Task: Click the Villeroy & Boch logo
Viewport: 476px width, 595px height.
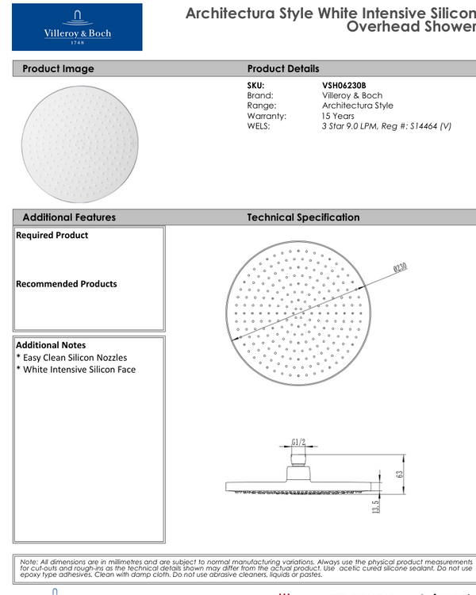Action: tap(77, 27)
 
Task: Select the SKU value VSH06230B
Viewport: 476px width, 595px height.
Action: tap(344, 85)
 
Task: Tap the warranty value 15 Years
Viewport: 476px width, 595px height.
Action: tap(338, 116)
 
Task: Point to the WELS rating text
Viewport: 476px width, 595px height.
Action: tap(386, 126)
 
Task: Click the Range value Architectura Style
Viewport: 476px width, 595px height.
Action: tap(357, 106)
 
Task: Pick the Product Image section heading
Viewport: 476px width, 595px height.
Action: tap(58, 69)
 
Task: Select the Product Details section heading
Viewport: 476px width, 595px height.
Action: tap(283, 69)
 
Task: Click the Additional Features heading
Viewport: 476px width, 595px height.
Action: tap(69, 217)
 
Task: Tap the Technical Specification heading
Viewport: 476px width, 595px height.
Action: tap(303, 217)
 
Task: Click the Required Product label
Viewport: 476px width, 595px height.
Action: tap(52, 236)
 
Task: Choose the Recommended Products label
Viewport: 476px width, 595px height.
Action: tap(66, 284)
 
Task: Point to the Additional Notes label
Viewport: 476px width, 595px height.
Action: tap(51, 345)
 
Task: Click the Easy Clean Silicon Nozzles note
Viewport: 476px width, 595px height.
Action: tap(71, 358)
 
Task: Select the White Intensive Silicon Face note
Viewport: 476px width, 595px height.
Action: tap(76, 370)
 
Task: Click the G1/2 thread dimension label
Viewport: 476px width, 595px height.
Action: tap(298, 442)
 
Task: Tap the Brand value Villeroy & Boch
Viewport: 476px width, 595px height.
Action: tap(351, 95)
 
